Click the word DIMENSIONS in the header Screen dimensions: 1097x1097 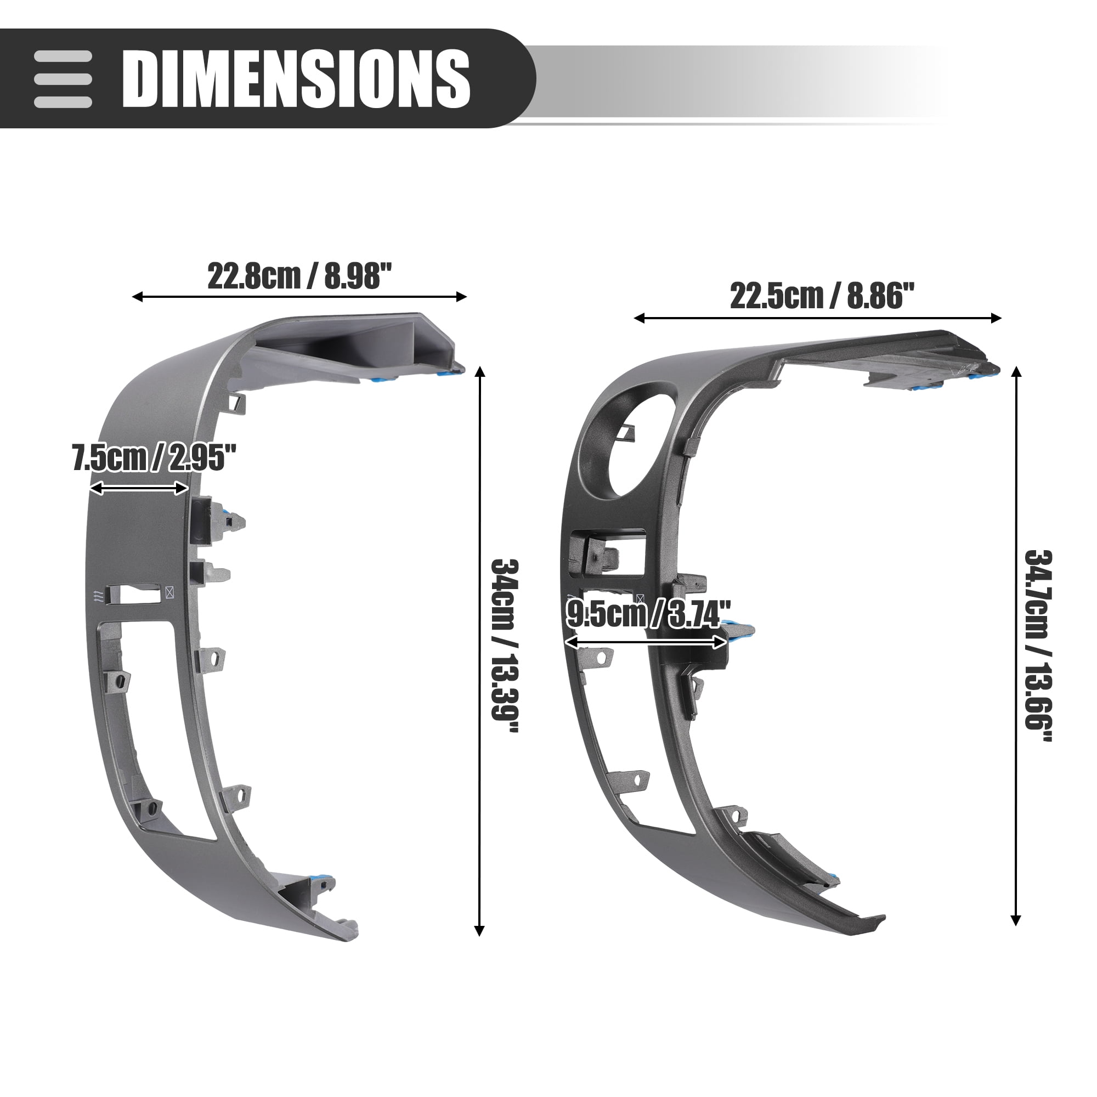pos(296,78)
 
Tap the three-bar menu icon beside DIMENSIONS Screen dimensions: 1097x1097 pos(63,79)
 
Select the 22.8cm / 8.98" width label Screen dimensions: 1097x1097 pos(299,276)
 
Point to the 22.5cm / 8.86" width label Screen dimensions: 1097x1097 pos(822,296)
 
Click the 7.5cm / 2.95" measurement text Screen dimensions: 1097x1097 pos(154,458)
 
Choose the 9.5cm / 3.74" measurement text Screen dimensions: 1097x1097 pos(648,614)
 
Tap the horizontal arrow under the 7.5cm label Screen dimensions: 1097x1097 pos(139,488)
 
